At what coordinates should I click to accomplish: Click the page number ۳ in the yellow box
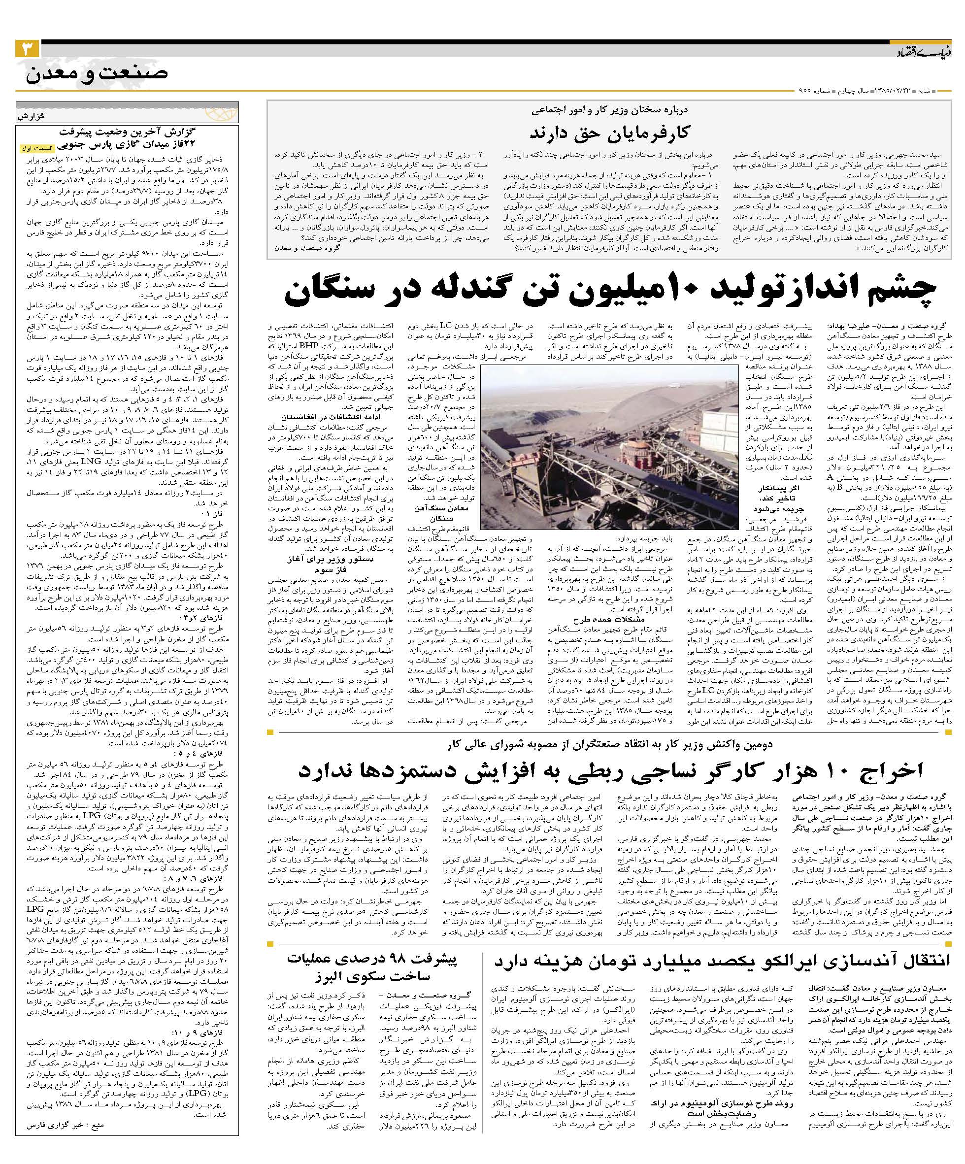27,49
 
